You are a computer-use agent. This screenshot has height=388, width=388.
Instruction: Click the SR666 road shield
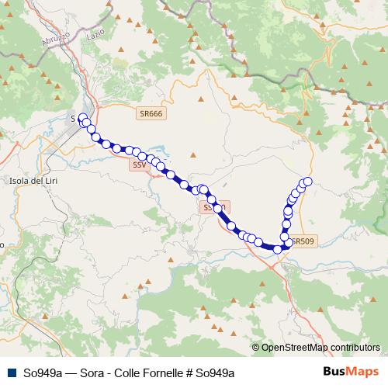(151, 113)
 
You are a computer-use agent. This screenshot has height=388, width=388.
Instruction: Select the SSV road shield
(139, 165)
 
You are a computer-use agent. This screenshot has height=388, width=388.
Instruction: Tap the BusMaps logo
(350, 372)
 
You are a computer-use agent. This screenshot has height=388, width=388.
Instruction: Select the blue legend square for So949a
(11, 372)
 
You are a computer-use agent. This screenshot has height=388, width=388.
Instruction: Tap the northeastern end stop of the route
(307, 182)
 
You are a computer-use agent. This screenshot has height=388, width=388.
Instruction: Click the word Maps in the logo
(362, 372)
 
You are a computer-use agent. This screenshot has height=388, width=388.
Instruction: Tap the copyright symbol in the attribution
(256, 348)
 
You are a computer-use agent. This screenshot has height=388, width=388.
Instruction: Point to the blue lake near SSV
(154, 153)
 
